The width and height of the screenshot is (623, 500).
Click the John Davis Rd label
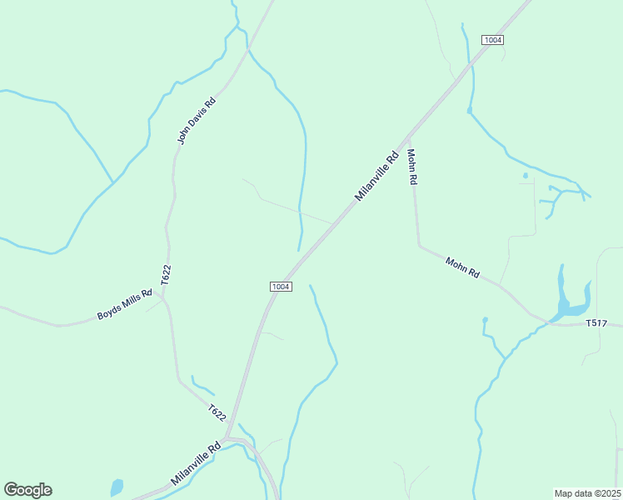coord(197,121)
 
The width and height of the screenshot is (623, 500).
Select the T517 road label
coord(596,322)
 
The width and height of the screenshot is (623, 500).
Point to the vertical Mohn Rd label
coord(411,167)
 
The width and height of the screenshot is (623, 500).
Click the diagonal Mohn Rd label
coord(462,267)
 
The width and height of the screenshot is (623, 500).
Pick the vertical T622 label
coord(166,275)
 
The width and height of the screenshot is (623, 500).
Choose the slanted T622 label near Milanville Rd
coord(217,412)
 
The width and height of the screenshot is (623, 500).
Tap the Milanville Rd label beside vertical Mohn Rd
coord(377,176)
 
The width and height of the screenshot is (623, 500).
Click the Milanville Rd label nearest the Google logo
coord(196,464)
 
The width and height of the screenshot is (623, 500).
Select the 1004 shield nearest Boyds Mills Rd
coord(281,287)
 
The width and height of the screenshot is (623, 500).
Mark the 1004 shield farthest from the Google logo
coord(492,40)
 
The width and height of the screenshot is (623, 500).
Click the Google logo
coord(27,490)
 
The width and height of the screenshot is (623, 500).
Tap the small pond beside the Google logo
coord(117,487)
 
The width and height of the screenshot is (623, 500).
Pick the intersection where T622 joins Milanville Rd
coord(227,437)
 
